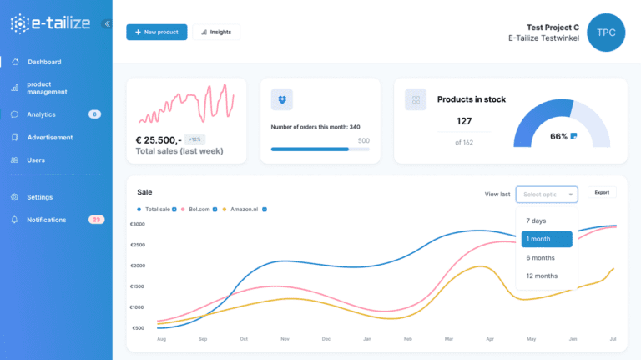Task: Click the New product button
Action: (x=157, y=32)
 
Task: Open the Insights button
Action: (x=216, y=32)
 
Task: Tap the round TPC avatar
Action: (x=606, y=33)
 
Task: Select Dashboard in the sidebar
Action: (x=43, y=62)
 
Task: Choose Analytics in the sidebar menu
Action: (x=41, y=114)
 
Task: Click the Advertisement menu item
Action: (x=49, y=137)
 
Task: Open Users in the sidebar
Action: (x=36, y=160)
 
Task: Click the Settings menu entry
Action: (x=39, y=197)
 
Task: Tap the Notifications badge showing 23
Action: (x=96, y=220)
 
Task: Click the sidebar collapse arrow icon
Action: (x=107, y=23)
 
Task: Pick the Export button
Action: (x=602, y=193)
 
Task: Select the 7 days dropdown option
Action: (x=536, y=221)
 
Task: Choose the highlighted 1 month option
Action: (x=547, y=239)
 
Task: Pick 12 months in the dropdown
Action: (x=542, y=276)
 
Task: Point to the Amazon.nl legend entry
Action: (x=245, y=210)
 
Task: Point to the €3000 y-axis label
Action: (x=138, y=224)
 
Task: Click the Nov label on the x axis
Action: (x=284, y=339)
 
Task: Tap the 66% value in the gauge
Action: (x=559, y=136)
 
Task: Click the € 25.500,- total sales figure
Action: (x=158, y=139)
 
